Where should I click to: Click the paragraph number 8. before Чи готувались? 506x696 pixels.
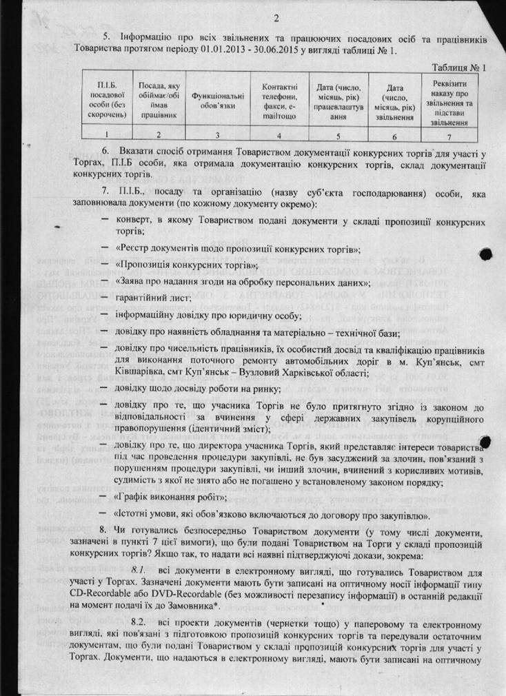[104, 530]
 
